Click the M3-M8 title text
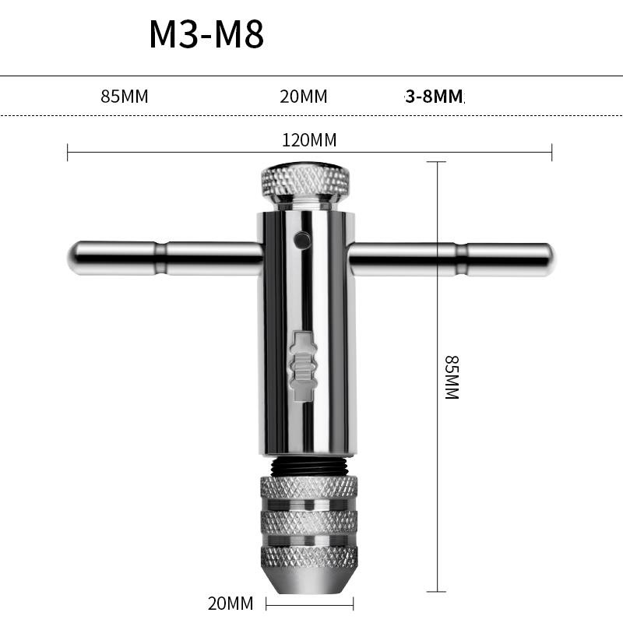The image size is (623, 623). coord(206,35)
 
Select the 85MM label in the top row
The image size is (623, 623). coord(124,97)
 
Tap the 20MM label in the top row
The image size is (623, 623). coord(303,97)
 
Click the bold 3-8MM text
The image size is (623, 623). coord(434,97)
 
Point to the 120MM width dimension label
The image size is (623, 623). coord(309,140)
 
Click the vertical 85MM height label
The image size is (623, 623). coord(452,378)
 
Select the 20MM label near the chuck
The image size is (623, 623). coord(231,604)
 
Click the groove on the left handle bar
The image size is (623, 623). coord(160,259)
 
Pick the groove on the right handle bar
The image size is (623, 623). coord(461,259)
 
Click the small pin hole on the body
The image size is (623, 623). coord(300,240)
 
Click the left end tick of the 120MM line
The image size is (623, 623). coord(68,152)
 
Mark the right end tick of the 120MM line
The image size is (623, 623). coord(551,152)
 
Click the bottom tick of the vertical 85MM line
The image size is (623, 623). coord(437,592)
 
